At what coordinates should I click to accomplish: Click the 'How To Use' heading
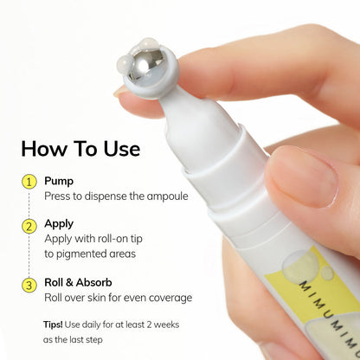click(x=80, y=149)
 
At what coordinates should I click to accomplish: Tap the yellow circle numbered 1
click(x=29, y=182)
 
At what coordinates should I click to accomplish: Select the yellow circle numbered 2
click(x=29, y=226)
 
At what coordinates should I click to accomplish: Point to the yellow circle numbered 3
click(x=29, y=286)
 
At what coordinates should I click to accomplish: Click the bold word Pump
click(x=59, y=182)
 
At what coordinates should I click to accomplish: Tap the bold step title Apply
click(x=59, y=224)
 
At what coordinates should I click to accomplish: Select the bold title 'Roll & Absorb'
click(x=78, y=282)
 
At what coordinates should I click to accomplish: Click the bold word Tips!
click(x=53, y=325)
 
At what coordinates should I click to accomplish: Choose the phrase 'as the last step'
click(x=73, y=340)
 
